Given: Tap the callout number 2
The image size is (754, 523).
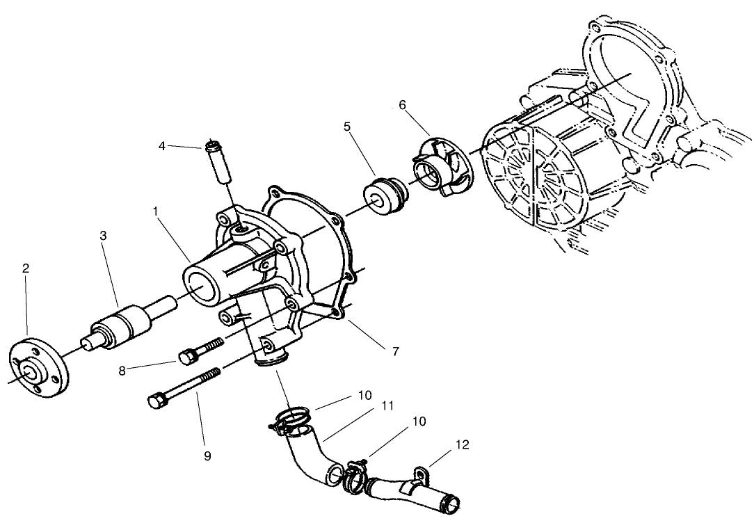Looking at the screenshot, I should (26, 268).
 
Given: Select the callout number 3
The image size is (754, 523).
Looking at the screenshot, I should (104, 235).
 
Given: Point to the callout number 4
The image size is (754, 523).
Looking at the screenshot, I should (162, 146).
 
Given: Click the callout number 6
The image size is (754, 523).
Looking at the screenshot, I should (402, 105).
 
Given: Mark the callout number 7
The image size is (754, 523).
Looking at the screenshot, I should (395, 351).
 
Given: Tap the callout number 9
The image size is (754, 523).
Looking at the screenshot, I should (207, 456).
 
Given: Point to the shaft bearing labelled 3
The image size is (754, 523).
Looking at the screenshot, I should (122, 325).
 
